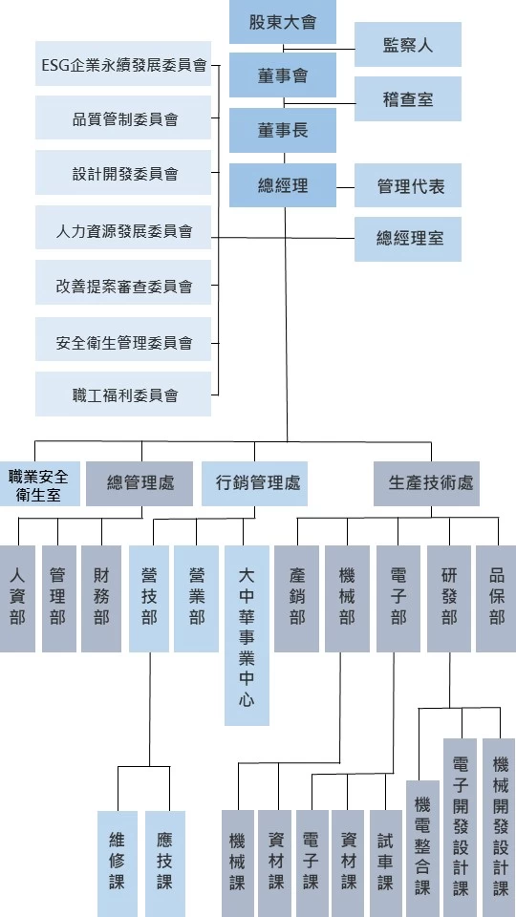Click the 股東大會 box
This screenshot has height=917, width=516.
click(x=283, y=22)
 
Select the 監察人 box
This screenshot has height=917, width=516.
click(x=408, y=45)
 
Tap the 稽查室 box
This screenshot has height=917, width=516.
click(x=408, y=98)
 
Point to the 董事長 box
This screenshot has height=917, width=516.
click(x=283, y=131)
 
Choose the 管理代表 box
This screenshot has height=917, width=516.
click(x=408, y=185)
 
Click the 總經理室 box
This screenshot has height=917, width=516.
click(x=408, y=239)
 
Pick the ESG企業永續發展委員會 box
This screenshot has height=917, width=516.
click(x=123, y=64)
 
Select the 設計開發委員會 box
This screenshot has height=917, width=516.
click(x=123, y=173)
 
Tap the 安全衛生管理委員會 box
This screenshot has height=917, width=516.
click(x=123, y=340)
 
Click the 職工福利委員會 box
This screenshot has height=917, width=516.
click(x=123, y=395)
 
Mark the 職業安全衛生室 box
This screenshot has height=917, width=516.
click(x=39, y=484)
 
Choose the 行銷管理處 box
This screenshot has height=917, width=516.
click(x=254, y=484)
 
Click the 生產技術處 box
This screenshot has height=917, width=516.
click(x=426, y=484)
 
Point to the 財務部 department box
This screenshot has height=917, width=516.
click(x=101, y=599)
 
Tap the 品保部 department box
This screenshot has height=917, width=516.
click(x=496, y=599)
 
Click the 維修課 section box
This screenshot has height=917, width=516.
click(x=118, y=864)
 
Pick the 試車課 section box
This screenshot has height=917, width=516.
click(x=386, y=864)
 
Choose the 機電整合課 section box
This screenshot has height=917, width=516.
click(x=422, y=848)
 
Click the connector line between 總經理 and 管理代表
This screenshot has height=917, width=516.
click(x=346, y=188)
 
